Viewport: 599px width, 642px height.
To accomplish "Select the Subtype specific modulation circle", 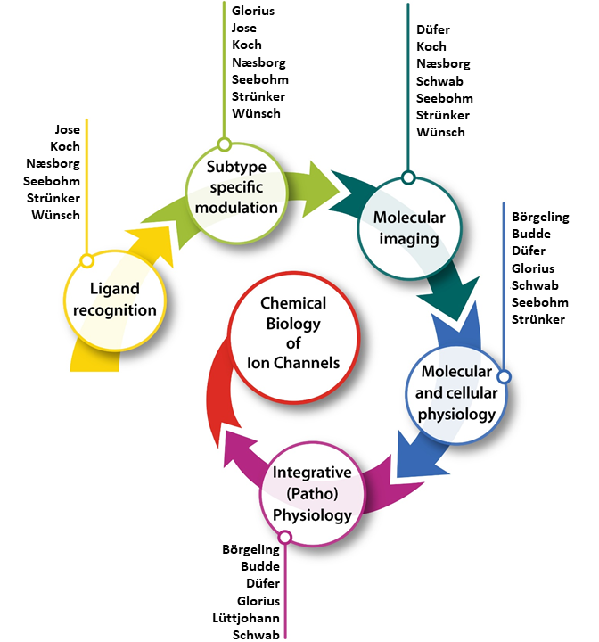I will (x=230, y=186).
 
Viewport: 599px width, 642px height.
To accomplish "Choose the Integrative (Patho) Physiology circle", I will (x=312, y=493).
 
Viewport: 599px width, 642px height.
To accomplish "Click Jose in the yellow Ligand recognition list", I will (x=67, y=129).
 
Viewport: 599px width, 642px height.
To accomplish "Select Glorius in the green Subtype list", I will (x=254, y=11).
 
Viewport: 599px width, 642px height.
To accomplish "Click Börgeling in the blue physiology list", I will (x=540, y=217).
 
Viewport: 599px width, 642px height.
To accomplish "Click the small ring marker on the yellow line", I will (x=86, y=261).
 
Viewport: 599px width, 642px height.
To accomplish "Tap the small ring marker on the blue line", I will (x=504, y=377).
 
